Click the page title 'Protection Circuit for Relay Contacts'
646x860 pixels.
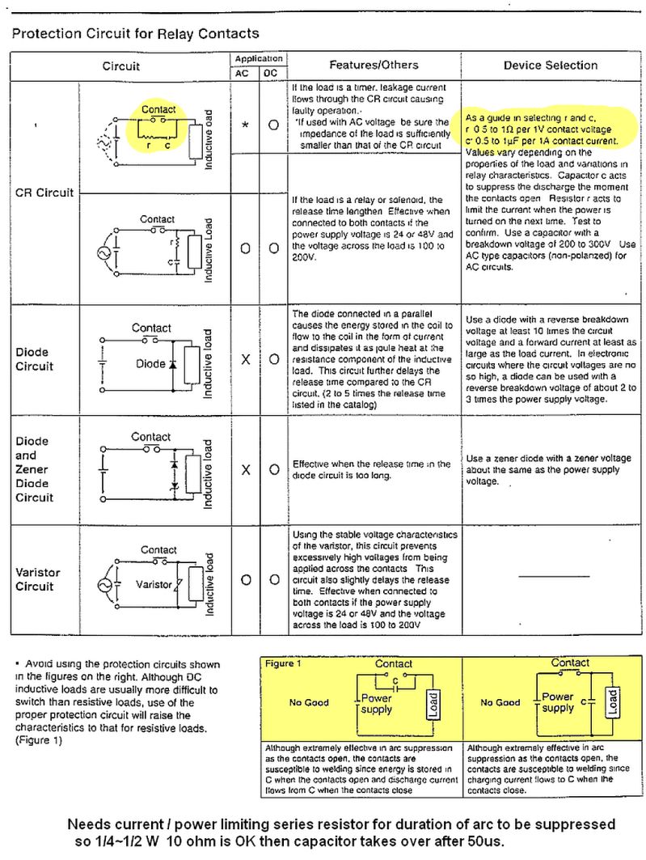(136, 34)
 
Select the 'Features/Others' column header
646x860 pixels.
(374, 65)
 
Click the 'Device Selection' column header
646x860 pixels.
(551, 65)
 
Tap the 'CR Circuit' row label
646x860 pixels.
(44, 193)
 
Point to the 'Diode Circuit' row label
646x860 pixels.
(34, 359)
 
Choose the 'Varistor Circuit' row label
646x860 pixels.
(37, 579)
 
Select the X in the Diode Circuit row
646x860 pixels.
(245, 359)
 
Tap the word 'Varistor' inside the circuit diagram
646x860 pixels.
(154, 584)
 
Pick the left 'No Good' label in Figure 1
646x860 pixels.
(309, 702)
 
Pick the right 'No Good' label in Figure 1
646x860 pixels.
(500, 702)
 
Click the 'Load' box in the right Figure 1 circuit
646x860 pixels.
(612, 700)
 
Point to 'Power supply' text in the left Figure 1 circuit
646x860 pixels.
(377, 703)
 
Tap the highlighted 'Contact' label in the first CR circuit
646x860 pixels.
(158, 109)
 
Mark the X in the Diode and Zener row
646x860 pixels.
(245, 469)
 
